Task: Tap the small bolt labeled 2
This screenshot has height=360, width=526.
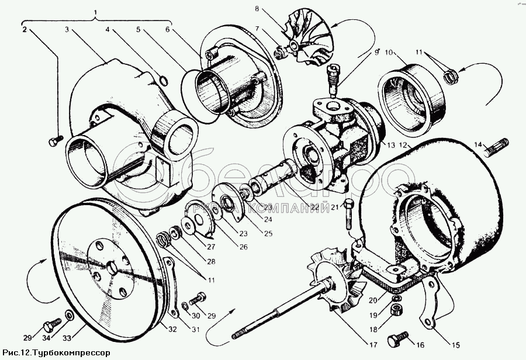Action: coord(54,141)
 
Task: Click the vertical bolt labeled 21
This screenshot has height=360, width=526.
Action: coord(349,214)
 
